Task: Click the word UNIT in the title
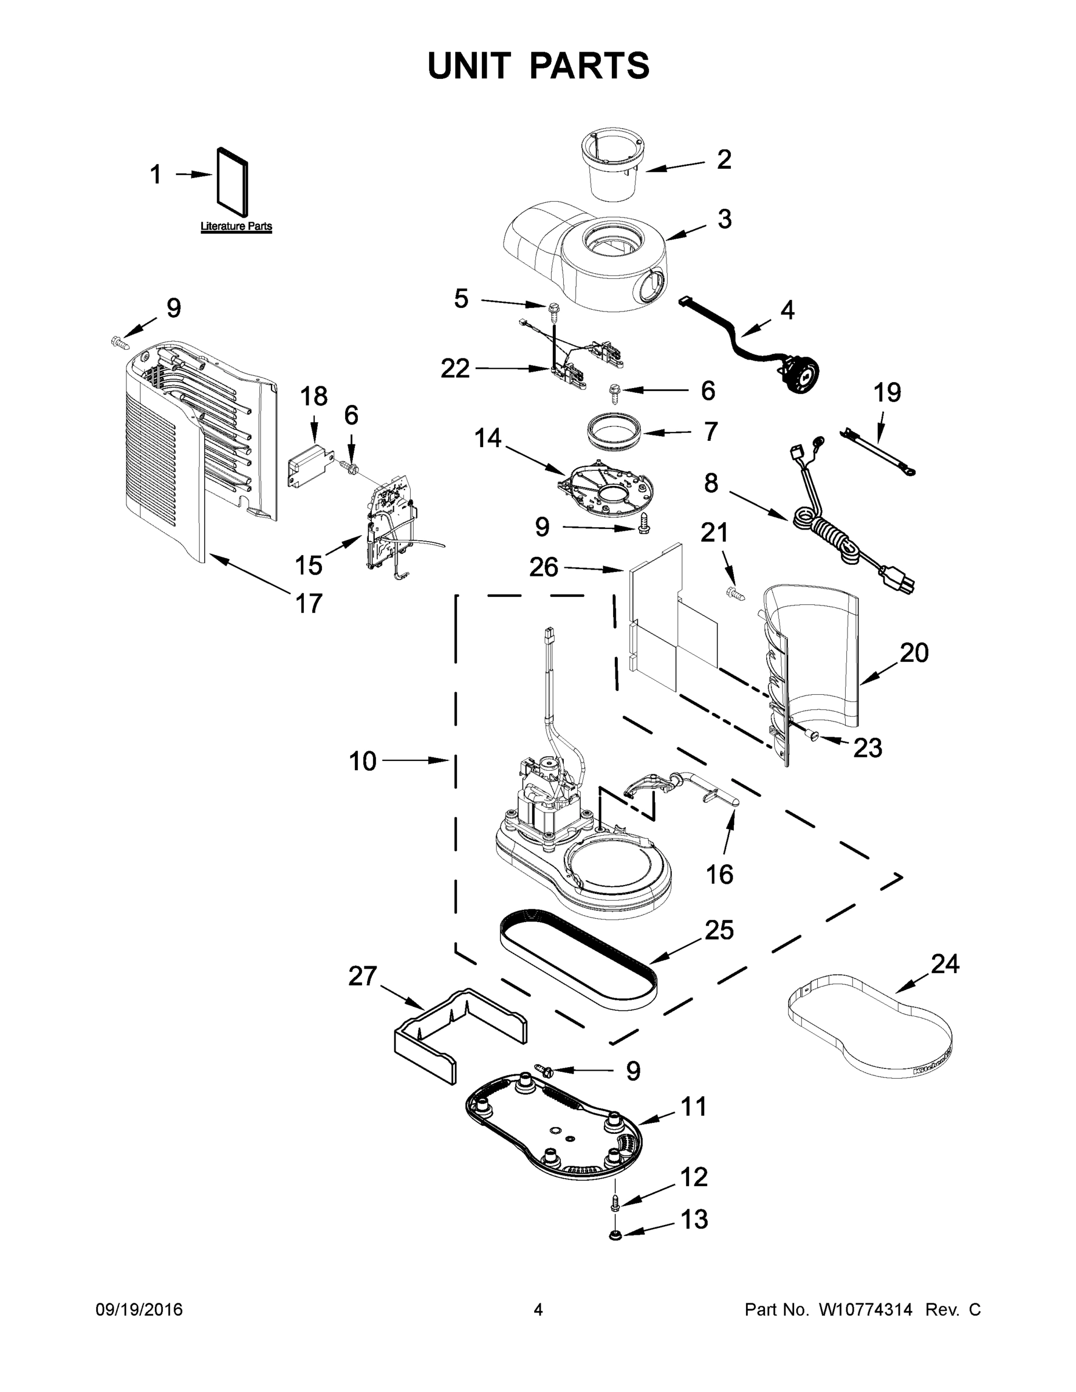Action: tap(469, 66)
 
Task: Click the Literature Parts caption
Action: tap(236, 226)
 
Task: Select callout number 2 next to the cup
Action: tap(723, 159)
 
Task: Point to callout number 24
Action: tap(945, 965)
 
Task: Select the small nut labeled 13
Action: tap(616, 1236)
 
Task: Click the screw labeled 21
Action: tap(734, 593)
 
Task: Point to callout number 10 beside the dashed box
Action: tap(363, 761)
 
